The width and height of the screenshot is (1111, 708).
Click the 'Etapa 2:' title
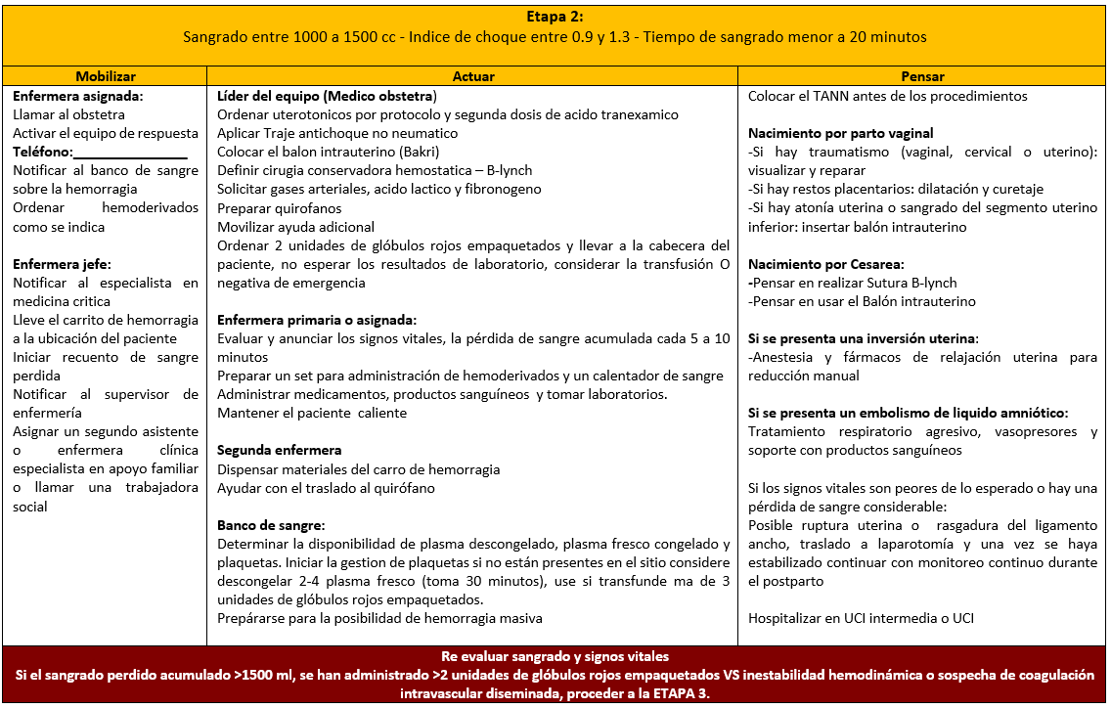click(554, 17)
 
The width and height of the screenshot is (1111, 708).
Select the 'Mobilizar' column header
click(106, 76)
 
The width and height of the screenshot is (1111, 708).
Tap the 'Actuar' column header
click(473, 76)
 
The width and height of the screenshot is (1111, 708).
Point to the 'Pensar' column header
click(923, 76)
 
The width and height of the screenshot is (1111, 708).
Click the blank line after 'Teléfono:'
click(129, 153)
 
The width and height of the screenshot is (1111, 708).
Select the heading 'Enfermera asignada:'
click(78, 97)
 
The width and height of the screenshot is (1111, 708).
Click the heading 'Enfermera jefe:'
click(62, 264)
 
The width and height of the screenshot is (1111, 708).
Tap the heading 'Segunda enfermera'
click(280, 451)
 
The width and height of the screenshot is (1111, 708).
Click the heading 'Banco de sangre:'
click(271, 525)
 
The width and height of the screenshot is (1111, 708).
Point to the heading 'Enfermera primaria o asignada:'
click(317, 320)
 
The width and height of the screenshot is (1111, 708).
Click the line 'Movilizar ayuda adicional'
click(295, 226)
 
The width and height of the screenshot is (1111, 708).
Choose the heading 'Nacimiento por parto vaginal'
click(841, 133)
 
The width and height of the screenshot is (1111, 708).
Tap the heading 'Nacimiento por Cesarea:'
click(825, 264)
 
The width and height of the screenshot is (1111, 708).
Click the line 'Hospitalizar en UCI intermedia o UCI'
click(861, 618)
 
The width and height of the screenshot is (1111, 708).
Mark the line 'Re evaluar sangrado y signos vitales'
click(555, 656)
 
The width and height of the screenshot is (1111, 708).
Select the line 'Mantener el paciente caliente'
click(312, 413)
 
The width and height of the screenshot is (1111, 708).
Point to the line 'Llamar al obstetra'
click(68, 114)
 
